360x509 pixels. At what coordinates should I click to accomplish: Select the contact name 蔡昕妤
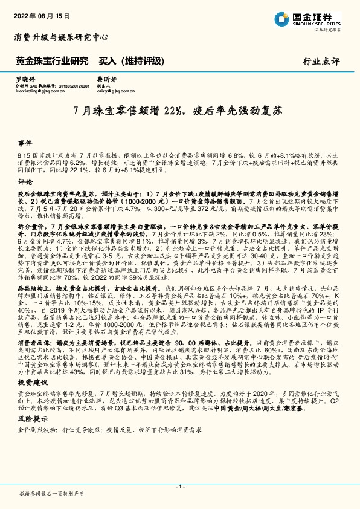pos(107,79)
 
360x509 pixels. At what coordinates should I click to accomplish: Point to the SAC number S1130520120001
pos(73,86)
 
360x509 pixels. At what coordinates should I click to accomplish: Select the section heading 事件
pos(25,144)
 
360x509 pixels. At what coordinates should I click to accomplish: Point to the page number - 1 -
pos(179,486)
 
